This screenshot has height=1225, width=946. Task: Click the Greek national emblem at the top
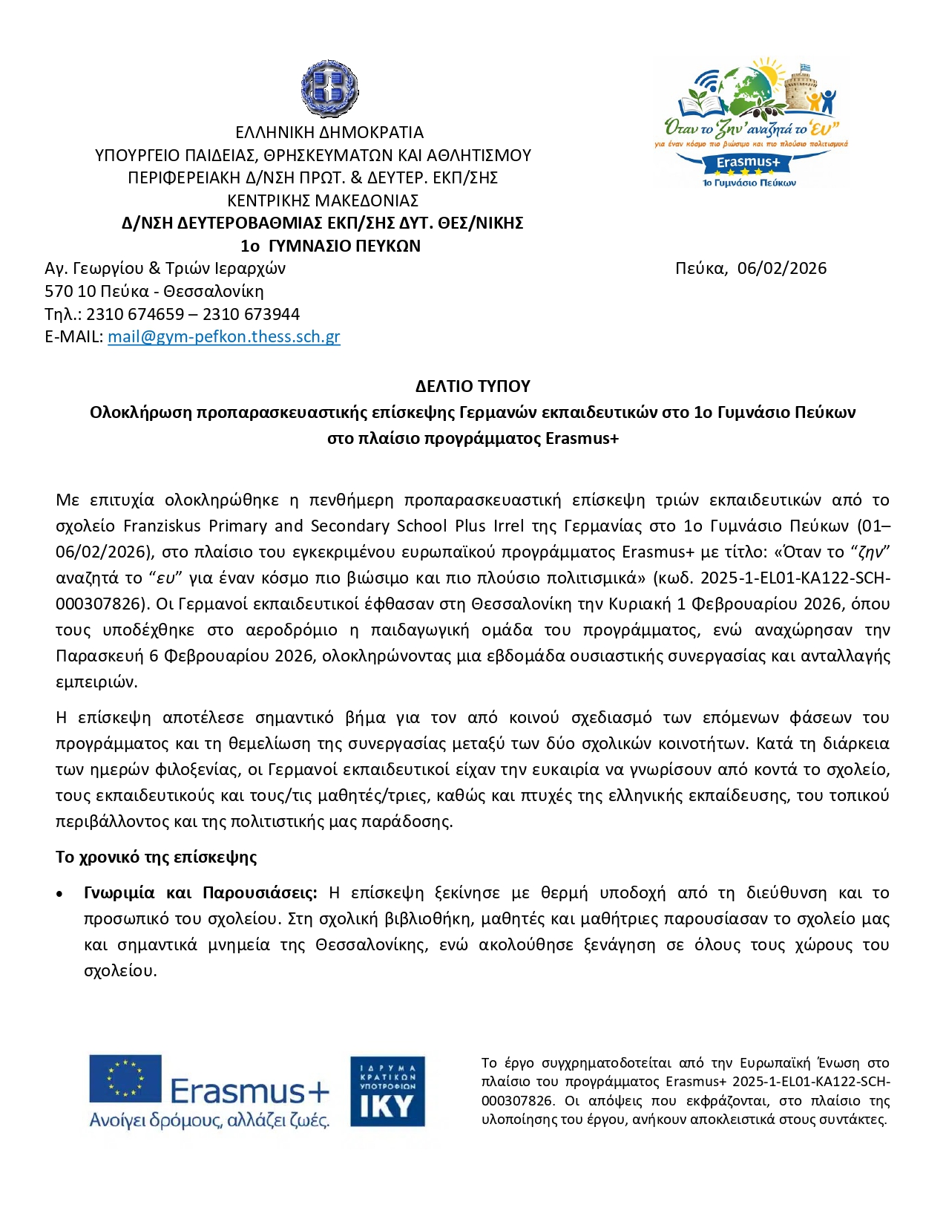click(x=329, y=89)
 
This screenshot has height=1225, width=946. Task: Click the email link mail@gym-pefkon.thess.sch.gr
click(x=223, y=336)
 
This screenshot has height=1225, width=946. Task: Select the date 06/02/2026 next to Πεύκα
click(x=781, y=268)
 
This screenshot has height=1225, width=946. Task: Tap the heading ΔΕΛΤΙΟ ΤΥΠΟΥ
click(x=473, y=386)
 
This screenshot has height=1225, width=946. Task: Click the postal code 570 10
click(x=70, y=291)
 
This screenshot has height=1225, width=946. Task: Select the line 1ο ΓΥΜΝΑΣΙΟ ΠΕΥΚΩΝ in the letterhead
click(x=330, y=246)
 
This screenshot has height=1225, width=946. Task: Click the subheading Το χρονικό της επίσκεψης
click(x=156, y=857)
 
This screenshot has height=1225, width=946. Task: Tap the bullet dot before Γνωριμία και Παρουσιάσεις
click(x=59, y=894)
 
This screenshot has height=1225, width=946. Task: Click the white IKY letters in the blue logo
click(x=387, y=1107)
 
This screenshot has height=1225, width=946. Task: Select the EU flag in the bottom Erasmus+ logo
click(x=125, y=1078)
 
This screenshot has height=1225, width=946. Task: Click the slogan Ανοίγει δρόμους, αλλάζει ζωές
click(x=209, y=1120)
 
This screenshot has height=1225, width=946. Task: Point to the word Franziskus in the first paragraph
click(x=162, y=526)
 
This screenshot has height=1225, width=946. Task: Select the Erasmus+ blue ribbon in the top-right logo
click(x=748, y=162)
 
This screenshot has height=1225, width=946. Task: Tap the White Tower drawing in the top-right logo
click(x=798, y=89)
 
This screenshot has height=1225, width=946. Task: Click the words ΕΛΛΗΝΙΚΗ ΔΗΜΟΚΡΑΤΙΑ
click(x=329, y=132)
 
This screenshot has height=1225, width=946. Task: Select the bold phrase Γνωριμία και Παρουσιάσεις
click(x=200, y=892)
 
